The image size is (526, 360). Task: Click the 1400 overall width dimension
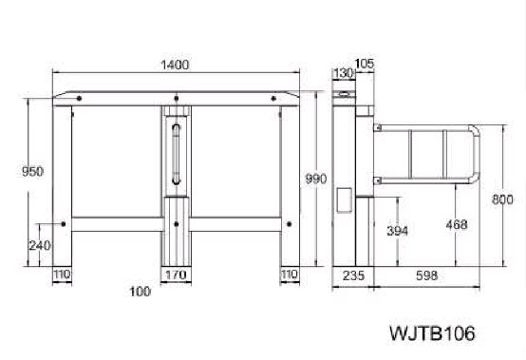175,65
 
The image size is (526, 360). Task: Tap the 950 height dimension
32,171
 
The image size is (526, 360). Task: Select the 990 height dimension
315,179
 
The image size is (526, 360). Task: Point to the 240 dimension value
40,246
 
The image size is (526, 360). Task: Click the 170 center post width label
176,275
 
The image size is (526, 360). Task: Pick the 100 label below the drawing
141,292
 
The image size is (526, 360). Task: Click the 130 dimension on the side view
344,73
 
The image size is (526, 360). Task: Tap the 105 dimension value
365,64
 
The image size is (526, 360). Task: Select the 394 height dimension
398,231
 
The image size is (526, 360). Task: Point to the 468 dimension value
457,224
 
